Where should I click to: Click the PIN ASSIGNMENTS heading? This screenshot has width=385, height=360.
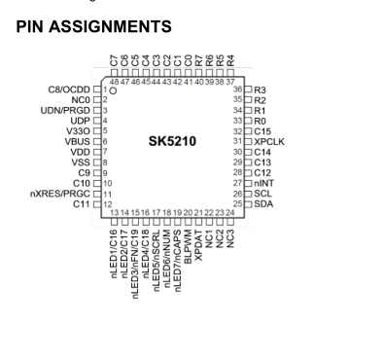click(94, 26)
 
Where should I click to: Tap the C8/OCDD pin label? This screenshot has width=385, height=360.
click(68, 90)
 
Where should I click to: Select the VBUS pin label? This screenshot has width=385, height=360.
click(77, 142)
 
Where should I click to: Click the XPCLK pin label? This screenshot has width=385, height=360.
click(271, 142)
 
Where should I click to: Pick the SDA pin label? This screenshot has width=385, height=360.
click(263, 204)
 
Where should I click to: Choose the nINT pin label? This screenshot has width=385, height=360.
click(264, 183)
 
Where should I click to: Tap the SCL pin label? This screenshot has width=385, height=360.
click(263, 194)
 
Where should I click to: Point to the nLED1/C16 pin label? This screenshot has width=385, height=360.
click(114, 252)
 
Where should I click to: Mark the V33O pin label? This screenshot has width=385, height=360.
click(78, 131)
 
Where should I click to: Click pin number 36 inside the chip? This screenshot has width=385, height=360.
click(236, 90)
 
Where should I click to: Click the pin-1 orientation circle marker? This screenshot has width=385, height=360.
click(114, 90)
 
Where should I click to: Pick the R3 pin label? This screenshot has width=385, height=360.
click(261, 90)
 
